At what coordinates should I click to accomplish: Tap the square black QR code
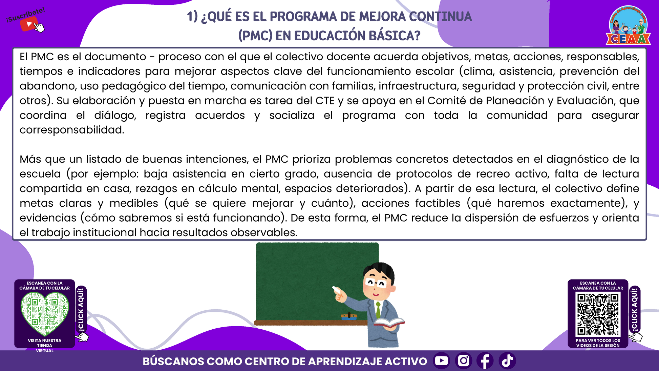[598, 314]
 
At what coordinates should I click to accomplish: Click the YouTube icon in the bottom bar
[441, 360]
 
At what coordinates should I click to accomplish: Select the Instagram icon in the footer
[464, 360]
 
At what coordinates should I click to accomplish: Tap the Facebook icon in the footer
[485, 360]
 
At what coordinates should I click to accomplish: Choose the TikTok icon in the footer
[507, 360]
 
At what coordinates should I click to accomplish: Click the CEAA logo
[628, 26]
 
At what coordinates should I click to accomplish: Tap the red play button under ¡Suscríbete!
[29, 24]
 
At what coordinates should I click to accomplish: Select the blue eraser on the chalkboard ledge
[349, 317]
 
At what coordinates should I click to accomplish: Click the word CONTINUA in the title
[440, 17]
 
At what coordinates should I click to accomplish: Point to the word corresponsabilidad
[72, 130]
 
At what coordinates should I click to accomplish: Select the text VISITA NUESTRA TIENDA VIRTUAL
[45, 345]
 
